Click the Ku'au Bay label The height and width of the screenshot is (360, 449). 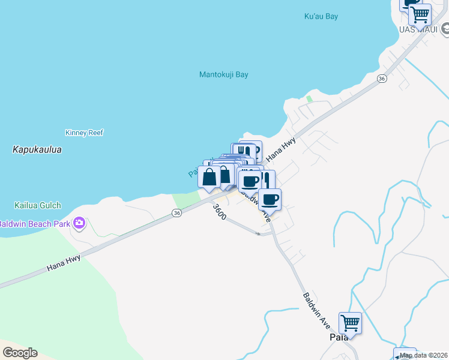click(x=321, y=17)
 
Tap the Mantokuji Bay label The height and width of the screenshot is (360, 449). click(x=223, y=75)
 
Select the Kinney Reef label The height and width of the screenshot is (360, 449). click(x=84, y=133)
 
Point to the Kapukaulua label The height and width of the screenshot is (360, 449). click(x=37, y=149)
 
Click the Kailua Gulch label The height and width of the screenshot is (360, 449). click(x=38, y=205)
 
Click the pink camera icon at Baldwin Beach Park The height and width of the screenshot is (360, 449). click(x=79, y=224)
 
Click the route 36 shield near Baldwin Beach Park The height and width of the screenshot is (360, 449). click(x=176, y=213)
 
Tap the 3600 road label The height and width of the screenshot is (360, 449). click(x=219, y=212)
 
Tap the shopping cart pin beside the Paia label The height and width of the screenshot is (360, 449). click(x=350, y=323)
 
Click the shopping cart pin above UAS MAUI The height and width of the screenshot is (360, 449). click(x=420, y=14)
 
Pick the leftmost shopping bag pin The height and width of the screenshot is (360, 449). click(x=209, y=177)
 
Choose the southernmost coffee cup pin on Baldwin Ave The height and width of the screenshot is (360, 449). click(x=270, y=199)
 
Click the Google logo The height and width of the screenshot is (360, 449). click(x=20, y=353)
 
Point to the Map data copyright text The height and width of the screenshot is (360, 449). click(x=424, y=355)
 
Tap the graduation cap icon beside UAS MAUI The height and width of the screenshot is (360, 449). click(x=445, y=28)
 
